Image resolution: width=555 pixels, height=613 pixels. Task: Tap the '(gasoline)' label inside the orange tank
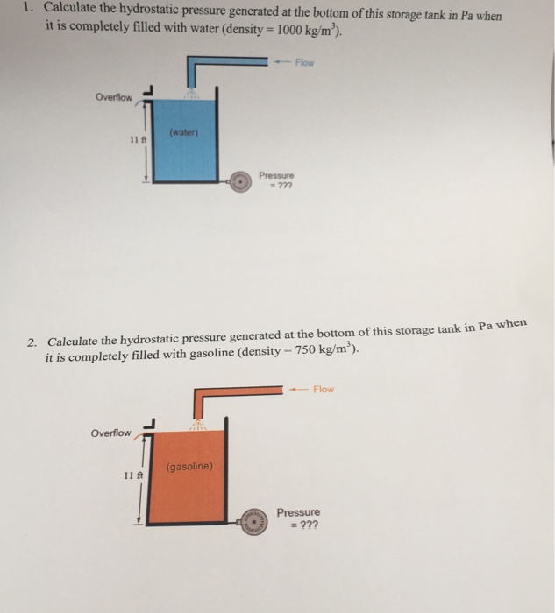(189, 466)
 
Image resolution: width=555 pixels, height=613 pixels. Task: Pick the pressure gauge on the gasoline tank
(254, 519)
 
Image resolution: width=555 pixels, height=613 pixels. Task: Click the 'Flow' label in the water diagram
(304, 62)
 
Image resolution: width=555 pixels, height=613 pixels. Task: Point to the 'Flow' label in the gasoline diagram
(324, 389)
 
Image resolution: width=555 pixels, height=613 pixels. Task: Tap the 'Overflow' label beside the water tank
(114, 97)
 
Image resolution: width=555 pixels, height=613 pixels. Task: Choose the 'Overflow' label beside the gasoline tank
(111, 433)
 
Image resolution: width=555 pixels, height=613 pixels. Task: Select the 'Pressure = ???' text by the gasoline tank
(298, 518)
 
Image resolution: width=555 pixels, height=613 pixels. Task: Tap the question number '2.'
(33, 341)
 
